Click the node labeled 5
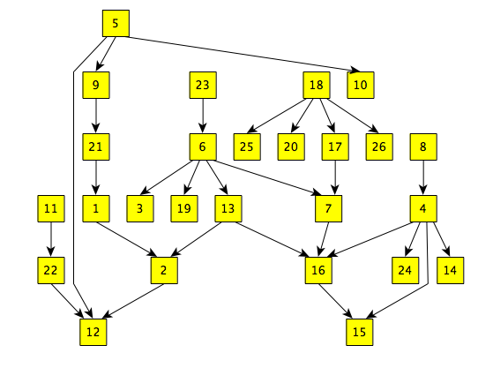tap(116, 23)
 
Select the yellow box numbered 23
tap(203, 86)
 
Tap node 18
tap(316, 86)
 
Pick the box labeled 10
tap(360, 86)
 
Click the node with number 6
tap(203, 146)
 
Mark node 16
tap(317, 270)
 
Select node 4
tap(424, 209)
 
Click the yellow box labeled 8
tap(424, 146)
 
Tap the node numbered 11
tap(50, 209)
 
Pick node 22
tap(50, 270)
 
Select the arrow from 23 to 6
tap(203, 116)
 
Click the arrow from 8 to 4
tap(424, 177)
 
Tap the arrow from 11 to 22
tap(50, 239)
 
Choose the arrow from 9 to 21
tap(94, 116)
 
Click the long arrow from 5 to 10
tap(238, 52)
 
